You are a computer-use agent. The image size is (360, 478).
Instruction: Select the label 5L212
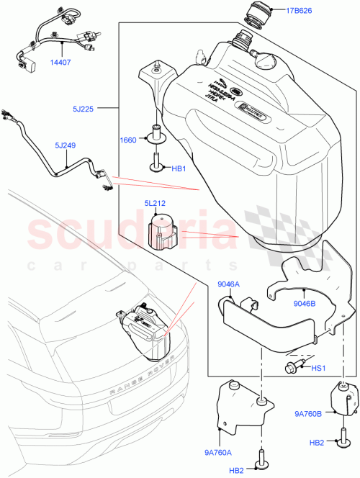pyautogui.click(x=156, y=204)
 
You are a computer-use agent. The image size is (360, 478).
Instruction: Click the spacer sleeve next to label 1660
pyautogui.click(x=156, y=134)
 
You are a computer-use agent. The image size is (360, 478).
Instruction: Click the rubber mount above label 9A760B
pyautogui.click(x=343, y=400)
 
